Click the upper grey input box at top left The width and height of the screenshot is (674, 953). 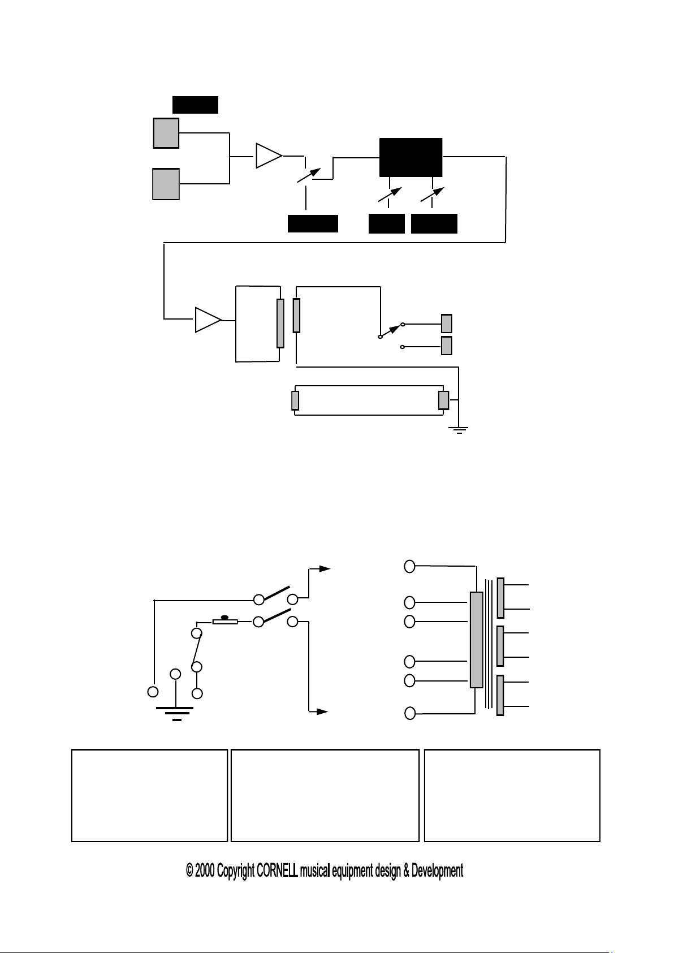pyautogui.click(x=166, y=133)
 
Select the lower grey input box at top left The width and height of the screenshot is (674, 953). pyautogui.click(x=166, y=184)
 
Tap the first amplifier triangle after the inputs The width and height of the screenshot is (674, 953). pyautogui.click(x=268, y=156)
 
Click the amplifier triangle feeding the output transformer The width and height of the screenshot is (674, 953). pyautogui.click(x=208, y=320)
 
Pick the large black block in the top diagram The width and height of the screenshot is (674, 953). pyautogui.click(x=411, y=157)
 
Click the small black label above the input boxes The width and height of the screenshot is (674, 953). pyautogui.click(x=195, y=105)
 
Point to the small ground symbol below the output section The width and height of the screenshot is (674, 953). pyautogui.click(x=459, y=430)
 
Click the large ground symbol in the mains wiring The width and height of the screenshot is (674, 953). pyautogui.click(x=176, y=714)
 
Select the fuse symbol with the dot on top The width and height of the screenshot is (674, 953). pyautogui.click(x=224, y=621)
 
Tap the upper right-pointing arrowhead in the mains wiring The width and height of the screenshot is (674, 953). pyautogui.click(x=324, y=568)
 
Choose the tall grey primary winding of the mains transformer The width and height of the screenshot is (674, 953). pyautogui.click(x=477, y=640)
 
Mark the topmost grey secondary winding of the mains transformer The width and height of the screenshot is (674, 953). pyautogui.click(x=500, y=598)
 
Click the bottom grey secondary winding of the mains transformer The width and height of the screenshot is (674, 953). pyautogui.click(x=500, y=696)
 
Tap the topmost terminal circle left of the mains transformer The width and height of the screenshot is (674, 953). pyautogui.click(x=410, y=566)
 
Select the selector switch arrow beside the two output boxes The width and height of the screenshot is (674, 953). pyautogui.click(x=391, y=330)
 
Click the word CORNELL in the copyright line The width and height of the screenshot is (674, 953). pyautogui.click(x=277, y=871)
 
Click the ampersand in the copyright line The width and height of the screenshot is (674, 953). pyautogui.click(x=406, y=871)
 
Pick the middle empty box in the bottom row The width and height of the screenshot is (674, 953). pyautogui.click(x=325, y=796)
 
